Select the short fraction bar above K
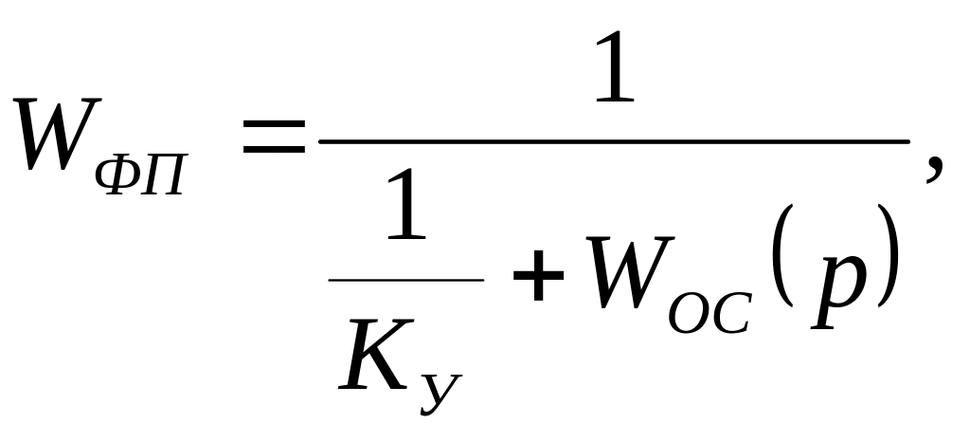coord(406,280)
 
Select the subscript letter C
coord(732,308)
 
